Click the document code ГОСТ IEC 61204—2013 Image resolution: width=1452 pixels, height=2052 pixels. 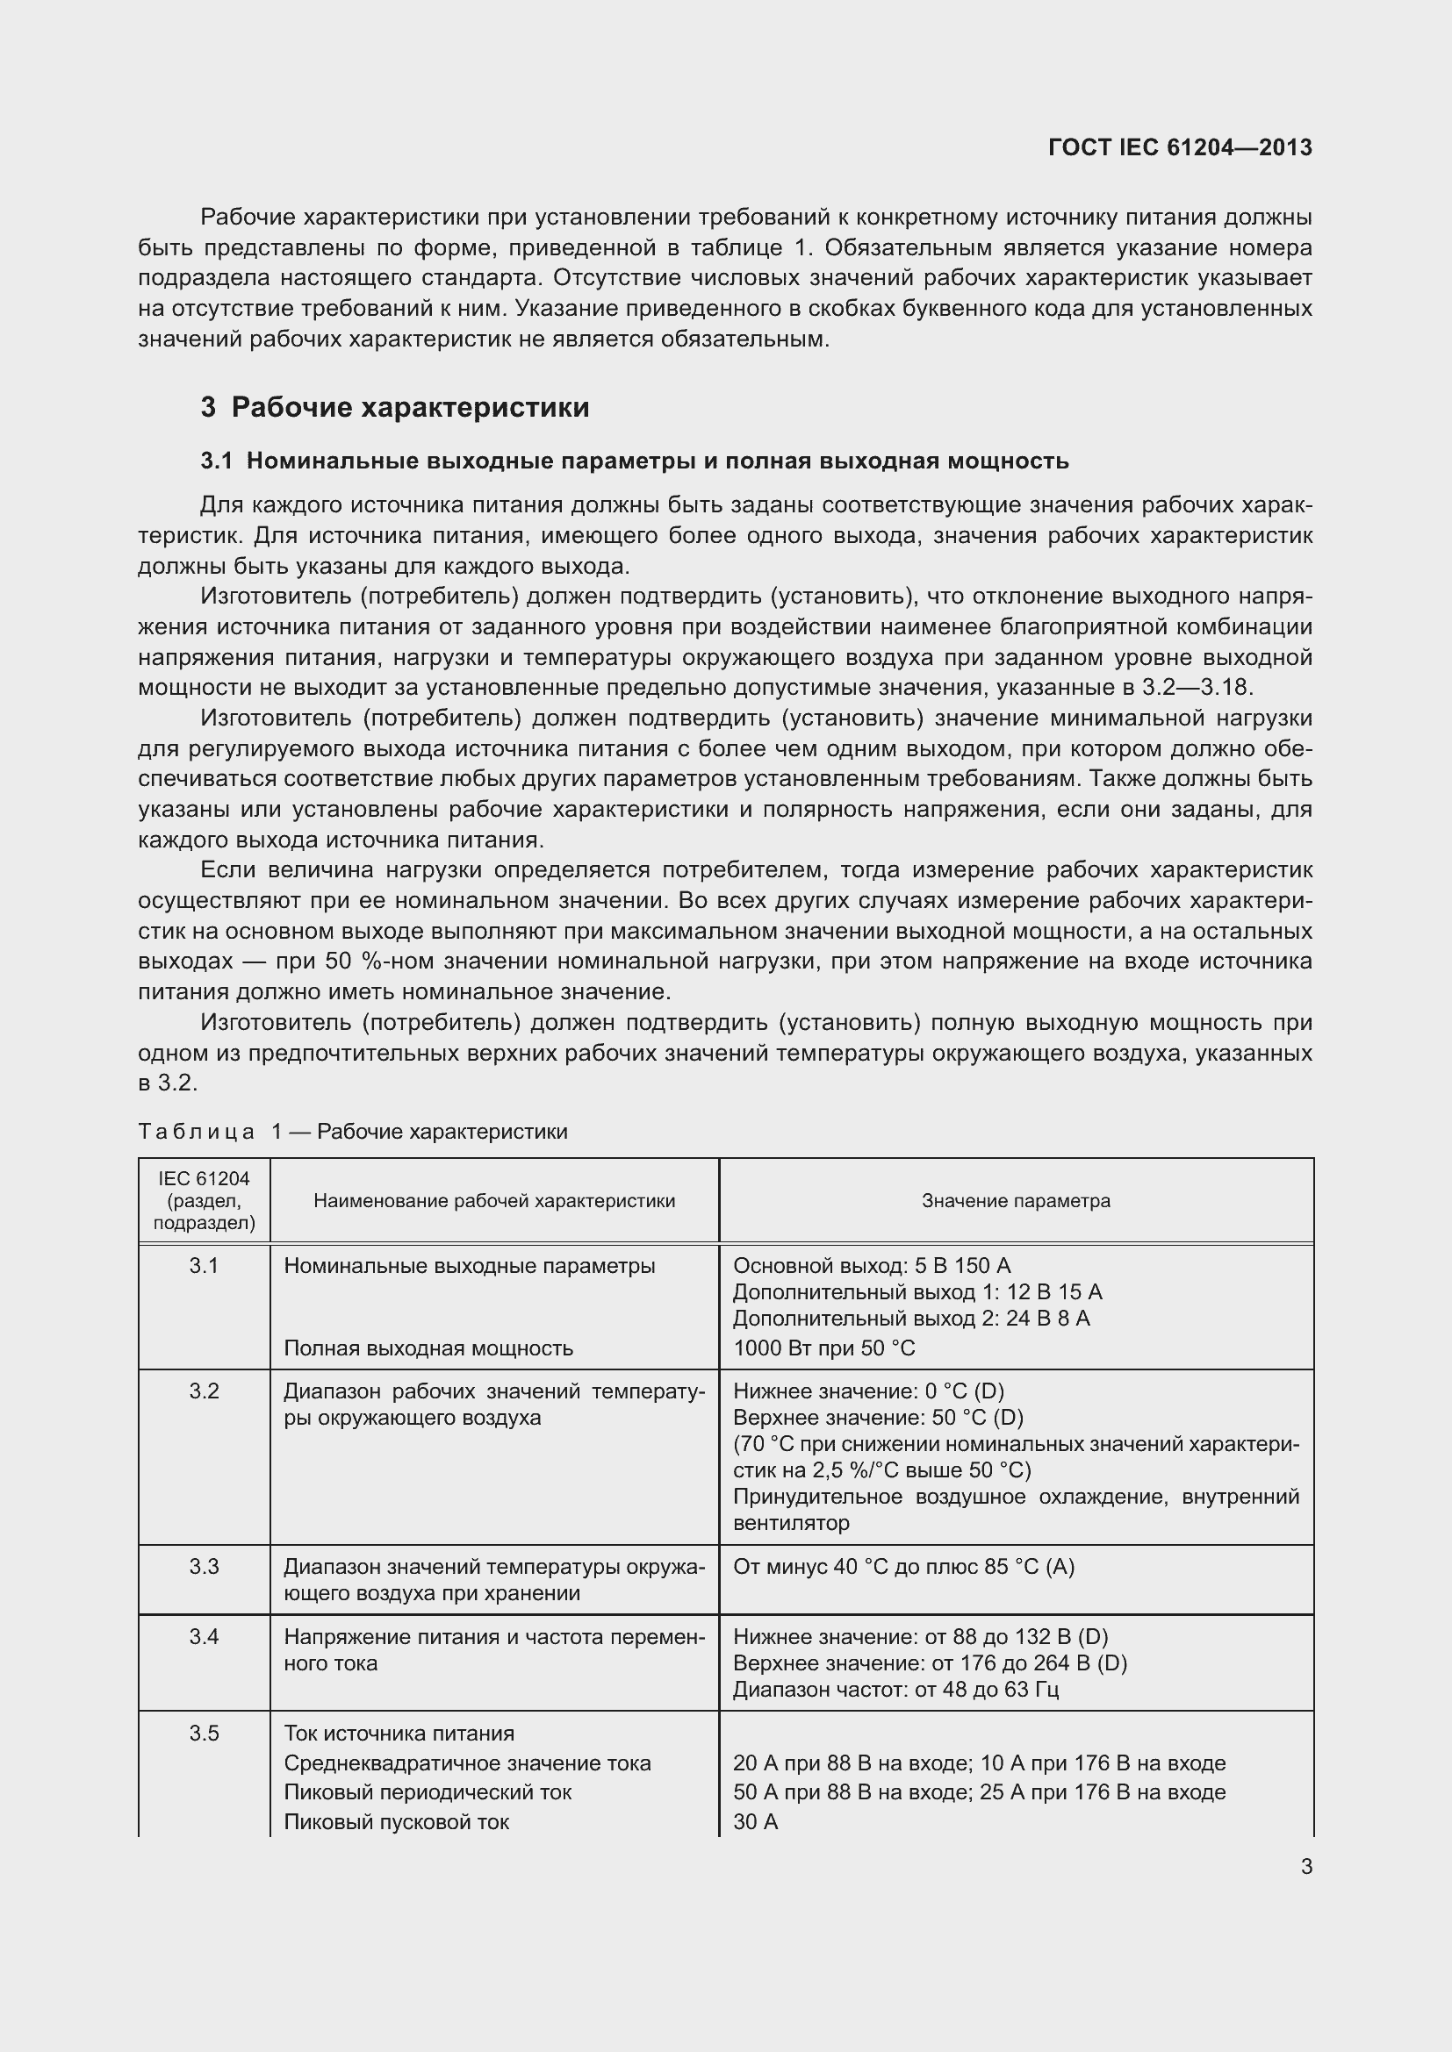1179,147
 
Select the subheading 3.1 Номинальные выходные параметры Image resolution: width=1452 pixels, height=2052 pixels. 634,461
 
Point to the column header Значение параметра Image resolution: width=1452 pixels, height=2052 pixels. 1016,1200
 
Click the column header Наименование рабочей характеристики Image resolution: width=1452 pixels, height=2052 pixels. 493,1200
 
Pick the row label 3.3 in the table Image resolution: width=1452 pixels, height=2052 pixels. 204,1566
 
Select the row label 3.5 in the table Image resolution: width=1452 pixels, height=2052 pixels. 204,1733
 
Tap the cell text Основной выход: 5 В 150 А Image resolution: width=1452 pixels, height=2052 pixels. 871,1266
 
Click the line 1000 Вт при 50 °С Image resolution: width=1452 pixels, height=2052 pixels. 823,1348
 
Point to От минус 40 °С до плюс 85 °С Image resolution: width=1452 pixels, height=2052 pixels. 903,1566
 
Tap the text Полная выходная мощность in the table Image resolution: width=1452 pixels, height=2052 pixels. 428,1348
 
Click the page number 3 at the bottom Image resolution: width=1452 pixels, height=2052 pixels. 1306,1866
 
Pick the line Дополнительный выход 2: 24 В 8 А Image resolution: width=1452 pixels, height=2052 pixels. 911,1319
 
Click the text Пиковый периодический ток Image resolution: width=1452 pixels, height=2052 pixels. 428,1792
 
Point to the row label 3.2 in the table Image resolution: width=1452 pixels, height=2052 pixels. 204,1391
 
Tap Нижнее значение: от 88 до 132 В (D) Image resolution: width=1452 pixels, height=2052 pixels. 920,1636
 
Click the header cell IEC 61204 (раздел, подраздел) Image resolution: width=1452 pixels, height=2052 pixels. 204,1200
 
